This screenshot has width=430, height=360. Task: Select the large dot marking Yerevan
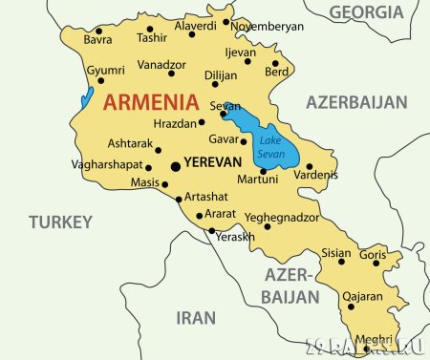(175, 166)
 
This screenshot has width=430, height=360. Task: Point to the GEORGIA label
(366, 11)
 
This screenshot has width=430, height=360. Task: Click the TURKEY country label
(59, 222)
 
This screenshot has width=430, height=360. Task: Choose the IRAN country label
(196, 317)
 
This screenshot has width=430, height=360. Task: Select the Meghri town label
(373, 340)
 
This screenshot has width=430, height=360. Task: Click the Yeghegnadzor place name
(282, 217)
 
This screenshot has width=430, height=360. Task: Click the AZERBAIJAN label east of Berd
(356, 102)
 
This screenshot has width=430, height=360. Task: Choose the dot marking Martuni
(263, 171)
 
